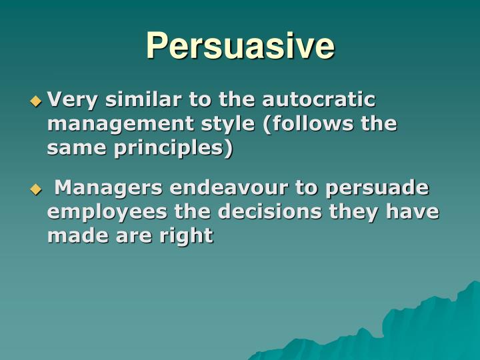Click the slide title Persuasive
tap(240, 46)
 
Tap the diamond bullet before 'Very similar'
tap(36, 102)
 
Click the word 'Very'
tap(69, 100)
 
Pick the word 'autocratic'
tap(319, 100)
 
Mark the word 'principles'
tap(167, 148)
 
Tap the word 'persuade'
tap(377, 189)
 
